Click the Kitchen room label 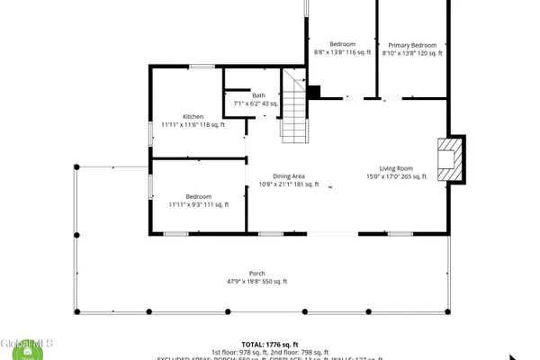pyautogui.click(x=193, y=116)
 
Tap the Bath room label pyautogui.click(x=258, y=95)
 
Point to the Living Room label pyautogui.click(x=395, y=168)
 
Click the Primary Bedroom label pyautogui.click(x=412, y=44)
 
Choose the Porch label pyautogui.click(x=256, y=274)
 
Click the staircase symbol pyautogui.click(x=294, y=108)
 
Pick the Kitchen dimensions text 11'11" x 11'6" pyautogui.click(x=193, y=124)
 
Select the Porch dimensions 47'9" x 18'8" pyautogui.click(x=256, y=282)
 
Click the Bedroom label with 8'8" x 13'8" pyautogui.click(x=342, y=44)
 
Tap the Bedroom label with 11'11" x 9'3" pyautogui.click(x=198, y=196)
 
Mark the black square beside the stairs pyautogui.click(x=314, y=92)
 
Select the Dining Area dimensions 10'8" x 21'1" pyautogui.click(x=289, y=184)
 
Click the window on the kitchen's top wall pyautogui.click(x=200, y=67)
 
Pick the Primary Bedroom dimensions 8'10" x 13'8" pyautogui.click(x=412, y=52)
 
